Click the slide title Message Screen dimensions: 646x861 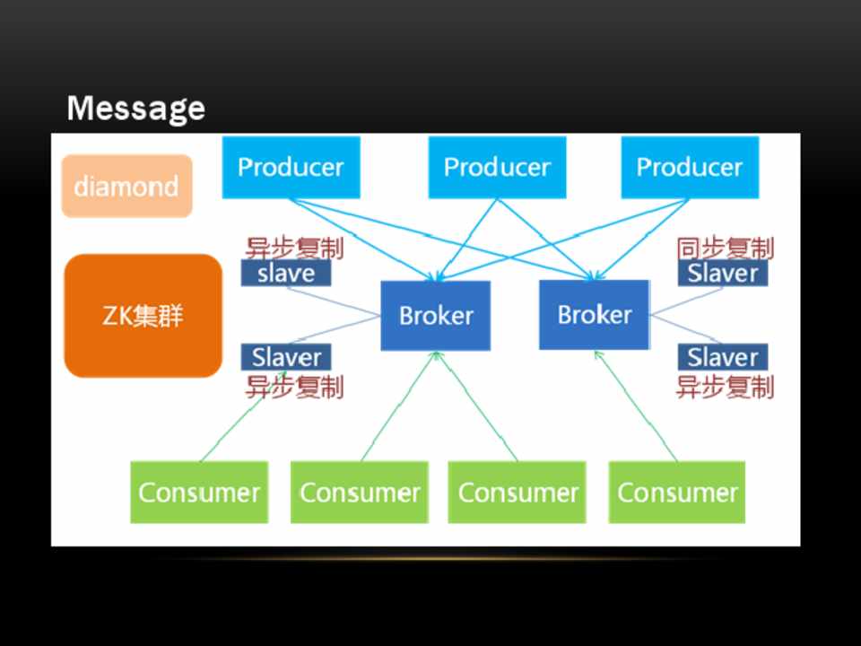pos(135,109)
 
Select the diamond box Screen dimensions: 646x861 pos(126,187)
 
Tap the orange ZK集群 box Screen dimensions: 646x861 pos(143,316)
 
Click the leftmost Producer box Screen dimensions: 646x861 pos(291,167)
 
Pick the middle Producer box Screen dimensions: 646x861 pos(497,167)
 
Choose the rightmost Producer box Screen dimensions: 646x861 pos(690,167)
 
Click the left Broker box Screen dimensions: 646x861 pos(436,316)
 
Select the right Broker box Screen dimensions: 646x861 pos(594,315)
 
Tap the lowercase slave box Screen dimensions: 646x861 pos(286,274)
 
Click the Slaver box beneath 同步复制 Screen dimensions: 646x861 pos(723,274)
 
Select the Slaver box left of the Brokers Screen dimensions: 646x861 pos(286,357)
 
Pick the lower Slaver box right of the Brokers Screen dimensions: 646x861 pos(723,357)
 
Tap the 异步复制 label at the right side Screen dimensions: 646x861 pos(725,388)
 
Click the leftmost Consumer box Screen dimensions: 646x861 pos(199,492)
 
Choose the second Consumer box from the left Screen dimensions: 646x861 pos(359,492)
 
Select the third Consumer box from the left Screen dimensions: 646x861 pos(517,492)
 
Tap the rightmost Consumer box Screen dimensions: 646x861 pos(677,492)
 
